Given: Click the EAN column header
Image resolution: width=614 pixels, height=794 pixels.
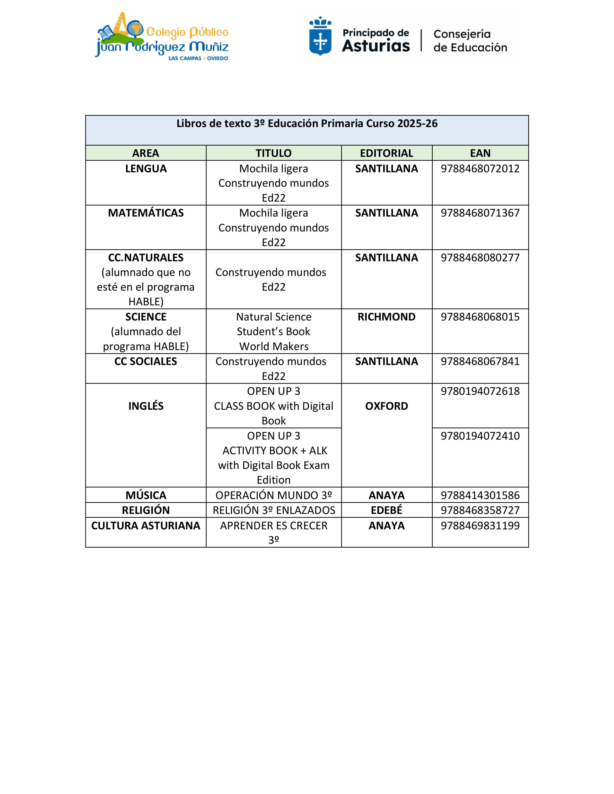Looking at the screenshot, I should pos(480,153).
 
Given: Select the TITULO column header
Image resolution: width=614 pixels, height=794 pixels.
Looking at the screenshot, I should pos(274,153).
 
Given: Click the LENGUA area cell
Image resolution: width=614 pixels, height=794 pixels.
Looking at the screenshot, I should pos(146,169).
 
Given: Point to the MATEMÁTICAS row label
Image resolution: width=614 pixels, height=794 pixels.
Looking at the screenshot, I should pos(146,213).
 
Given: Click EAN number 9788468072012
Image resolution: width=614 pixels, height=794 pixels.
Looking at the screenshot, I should pos(480,169).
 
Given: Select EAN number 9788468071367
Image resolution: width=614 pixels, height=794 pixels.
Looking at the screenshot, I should pos(480,213).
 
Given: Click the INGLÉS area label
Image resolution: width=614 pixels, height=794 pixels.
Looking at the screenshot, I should pos(146,406).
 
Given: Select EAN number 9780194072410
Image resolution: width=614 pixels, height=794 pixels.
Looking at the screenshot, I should pos(480,436).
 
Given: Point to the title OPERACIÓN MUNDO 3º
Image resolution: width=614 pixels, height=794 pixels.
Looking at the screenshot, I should pos(274,495).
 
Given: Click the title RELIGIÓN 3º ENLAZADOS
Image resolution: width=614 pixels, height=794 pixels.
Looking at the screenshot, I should pos(274,510).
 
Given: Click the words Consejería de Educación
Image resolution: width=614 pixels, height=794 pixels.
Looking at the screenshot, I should pos(470,41).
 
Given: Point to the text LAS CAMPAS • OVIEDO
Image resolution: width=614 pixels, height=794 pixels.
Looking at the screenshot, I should pos(198,58).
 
